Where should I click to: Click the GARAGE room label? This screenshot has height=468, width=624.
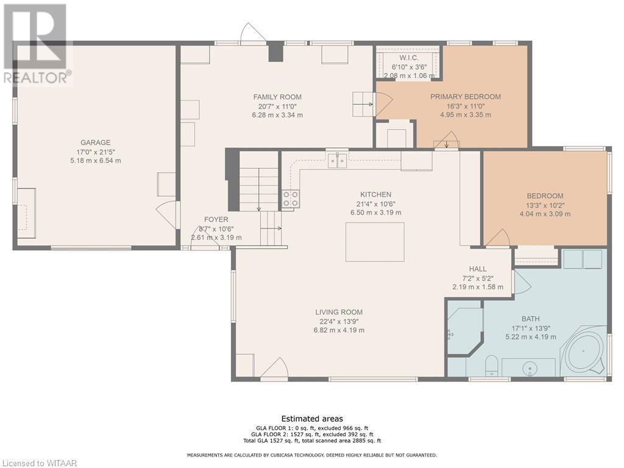pyautogui.click(x=96, y=143)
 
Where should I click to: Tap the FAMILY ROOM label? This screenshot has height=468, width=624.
pyautogui.click(x=277, y=97)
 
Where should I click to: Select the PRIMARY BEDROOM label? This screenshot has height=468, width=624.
pyautogui.click(x=466, y=96)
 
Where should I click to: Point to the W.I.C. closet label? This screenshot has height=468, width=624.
pyautogui.click(x=409, y=58)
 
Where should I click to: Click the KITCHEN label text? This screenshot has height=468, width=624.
pyautogui.click(x=375, y=194)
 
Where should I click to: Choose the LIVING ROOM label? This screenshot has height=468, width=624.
pyautogui.click(x=339, y=312)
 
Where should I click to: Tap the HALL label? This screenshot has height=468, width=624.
pyautogui.click(x=478, y=269)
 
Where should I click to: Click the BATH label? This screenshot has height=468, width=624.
pyautogui.click(x=531, y=319)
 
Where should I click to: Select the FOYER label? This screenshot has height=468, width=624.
pyautogui.click(x=216, y=219)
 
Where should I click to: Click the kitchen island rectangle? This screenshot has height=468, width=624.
pyautogui.click(x=375, y=242)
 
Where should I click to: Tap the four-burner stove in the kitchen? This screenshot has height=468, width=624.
pyautogui.click(x=291, y=199)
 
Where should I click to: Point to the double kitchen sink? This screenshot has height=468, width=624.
pyautogui.click(x=338, y=160)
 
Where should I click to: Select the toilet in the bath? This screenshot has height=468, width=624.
pyautogui.click(x=492, y=366)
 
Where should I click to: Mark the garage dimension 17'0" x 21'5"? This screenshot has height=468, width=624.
pyautogui.click(x=96, y=152)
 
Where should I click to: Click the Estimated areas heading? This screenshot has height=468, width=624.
pyautogui.click(x=312, y=419)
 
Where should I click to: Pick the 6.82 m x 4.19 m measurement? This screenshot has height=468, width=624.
pyautogui.click(x=339, y=330)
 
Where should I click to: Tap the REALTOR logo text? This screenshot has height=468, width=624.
pyautogui.click(x=38, y=77)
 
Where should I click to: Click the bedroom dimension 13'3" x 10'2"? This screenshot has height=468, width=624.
pyautogui.click(x=545, y=205)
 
